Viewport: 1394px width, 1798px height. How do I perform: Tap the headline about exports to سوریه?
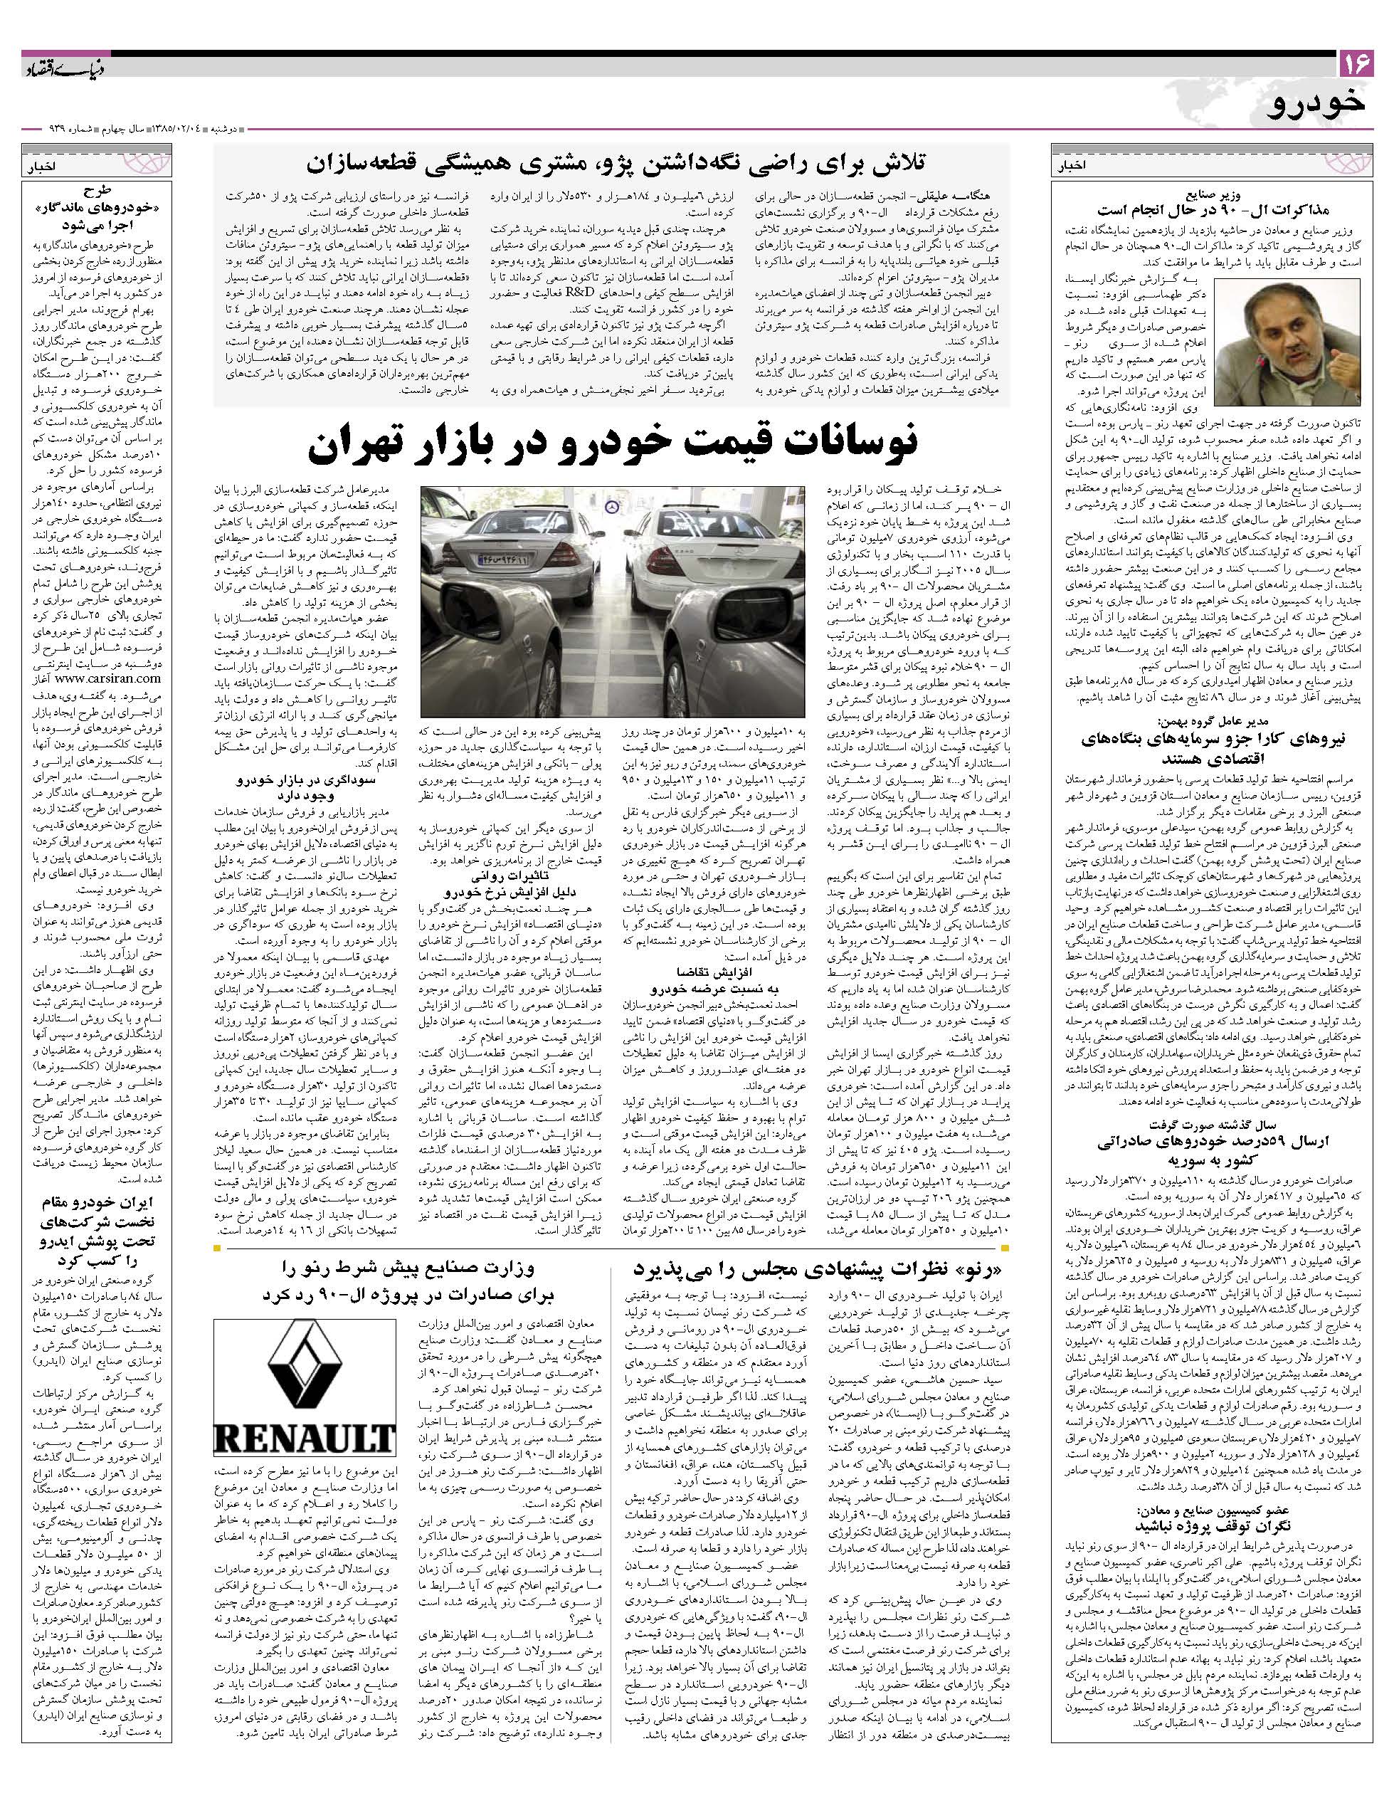tap(1215, 1152)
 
